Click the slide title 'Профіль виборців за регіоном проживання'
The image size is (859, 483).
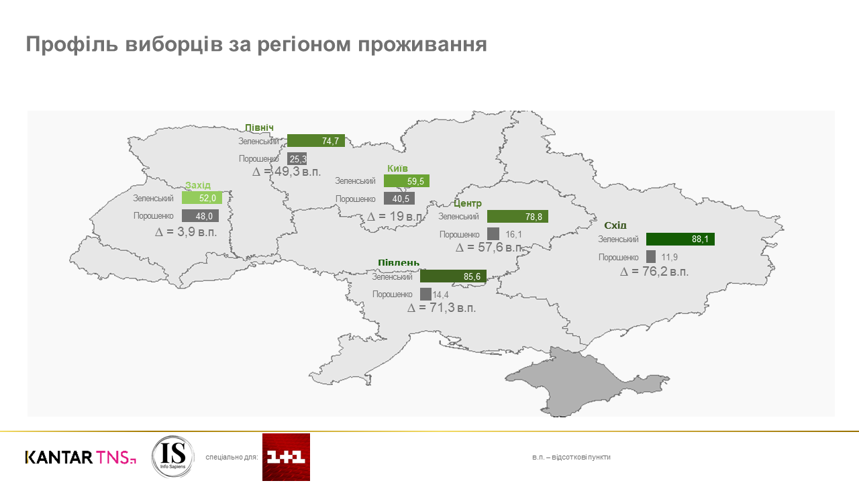(256, 44)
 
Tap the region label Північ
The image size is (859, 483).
(259, 128)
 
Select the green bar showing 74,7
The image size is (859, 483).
(315, 141)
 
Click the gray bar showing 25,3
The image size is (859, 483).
(297, 159)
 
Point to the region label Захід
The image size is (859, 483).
(198, 185)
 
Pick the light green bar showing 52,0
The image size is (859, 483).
(202, 198)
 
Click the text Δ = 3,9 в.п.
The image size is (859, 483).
(186, 232)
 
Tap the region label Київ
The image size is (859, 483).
(397, 168)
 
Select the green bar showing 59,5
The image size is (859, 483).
(407, 181)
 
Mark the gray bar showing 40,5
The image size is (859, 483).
(399, 199)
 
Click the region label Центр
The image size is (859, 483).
(468, 203)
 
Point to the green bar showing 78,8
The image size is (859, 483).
(517, 217)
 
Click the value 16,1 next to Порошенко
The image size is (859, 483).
(513, 235)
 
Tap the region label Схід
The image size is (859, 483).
(615, 225)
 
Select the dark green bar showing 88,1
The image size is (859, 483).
(680, 239)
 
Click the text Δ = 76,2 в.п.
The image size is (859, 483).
(654, 272)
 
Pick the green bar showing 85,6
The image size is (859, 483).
(453, 276)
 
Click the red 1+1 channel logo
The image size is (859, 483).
(286, 457)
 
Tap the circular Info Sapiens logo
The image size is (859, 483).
(172, 457)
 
